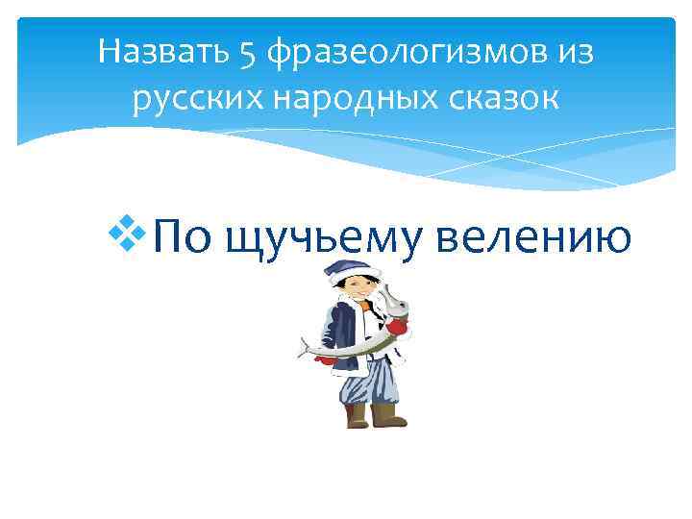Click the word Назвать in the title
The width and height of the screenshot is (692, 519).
click(x=160, y=52)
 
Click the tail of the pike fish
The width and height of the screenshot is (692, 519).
click(x=307, y=346)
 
